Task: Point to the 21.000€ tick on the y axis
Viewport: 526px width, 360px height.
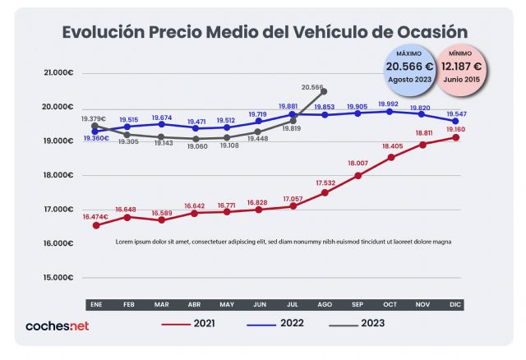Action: tap(58, 73)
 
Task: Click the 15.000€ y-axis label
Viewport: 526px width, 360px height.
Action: tap(58, 277)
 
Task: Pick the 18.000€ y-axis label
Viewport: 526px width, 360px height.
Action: tap(58, 175)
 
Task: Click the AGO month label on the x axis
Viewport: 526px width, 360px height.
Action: tap(324, 304)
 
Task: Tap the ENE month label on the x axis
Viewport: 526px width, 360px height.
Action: tap(95, 304)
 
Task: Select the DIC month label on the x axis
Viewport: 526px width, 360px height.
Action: tap(454, 304)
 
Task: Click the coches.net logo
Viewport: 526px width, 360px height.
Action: tap(57, 325)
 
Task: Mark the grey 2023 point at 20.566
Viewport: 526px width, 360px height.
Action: tap(324, 91)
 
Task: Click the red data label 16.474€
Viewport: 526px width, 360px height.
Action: tap(95, 215)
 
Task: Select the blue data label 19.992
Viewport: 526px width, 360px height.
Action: tap(389, 104)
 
